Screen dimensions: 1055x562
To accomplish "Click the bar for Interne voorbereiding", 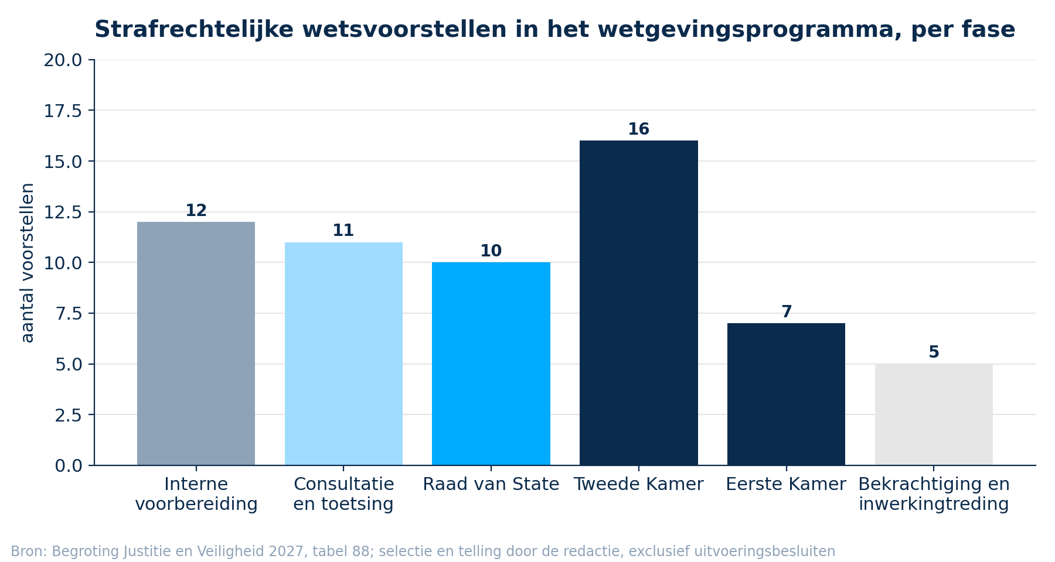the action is [196, 344].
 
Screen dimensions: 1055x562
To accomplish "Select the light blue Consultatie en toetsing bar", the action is [343, 354].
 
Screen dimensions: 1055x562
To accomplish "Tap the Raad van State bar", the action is [491, 364].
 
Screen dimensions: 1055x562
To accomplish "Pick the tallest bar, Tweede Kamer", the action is [639, 303].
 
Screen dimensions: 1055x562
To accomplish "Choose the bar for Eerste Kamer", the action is [786, 394].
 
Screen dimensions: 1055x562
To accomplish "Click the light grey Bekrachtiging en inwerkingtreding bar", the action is [934, 414].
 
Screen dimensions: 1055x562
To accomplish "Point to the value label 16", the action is [639, 129].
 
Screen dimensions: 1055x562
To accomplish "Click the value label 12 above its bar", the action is [196, 211].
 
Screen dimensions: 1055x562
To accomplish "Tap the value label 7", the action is [787, 312].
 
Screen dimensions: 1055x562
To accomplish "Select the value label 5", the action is [934, 352].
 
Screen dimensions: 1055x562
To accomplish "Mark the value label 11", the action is [343, 231].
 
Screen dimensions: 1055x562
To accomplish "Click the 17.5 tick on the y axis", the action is [63, 111].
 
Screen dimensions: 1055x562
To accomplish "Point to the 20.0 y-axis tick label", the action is [63, 60].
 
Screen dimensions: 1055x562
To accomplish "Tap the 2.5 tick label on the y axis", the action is [69, 415].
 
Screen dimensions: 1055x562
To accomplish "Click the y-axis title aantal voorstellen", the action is [27, 263].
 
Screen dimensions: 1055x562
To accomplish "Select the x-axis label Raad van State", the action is [491, 485].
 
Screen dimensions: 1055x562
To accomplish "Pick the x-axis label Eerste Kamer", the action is [786, 485].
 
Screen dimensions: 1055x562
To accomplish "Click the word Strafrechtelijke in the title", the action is [194, 30].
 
